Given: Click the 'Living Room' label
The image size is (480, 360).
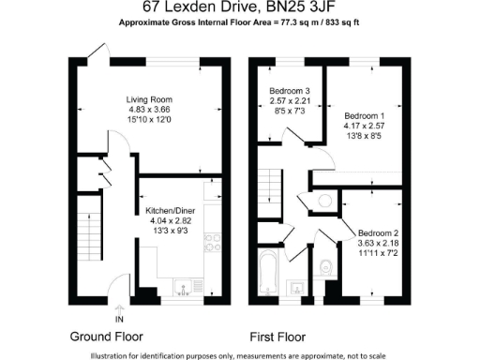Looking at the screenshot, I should coord(150,98).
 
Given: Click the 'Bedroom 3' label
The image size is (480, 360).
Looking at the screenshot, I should coord(289,89).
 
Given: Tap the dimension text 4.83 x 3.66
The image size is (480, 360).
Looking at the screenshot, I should coord(150,109).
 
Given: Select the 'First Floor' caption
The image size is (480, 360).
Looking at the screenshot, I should coord(280,336).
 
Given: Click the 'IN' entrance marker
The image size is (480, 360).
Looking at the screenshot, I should coord(119,318).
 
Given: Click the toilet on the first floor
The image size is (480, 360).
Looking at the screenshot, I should coord(324,265).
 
